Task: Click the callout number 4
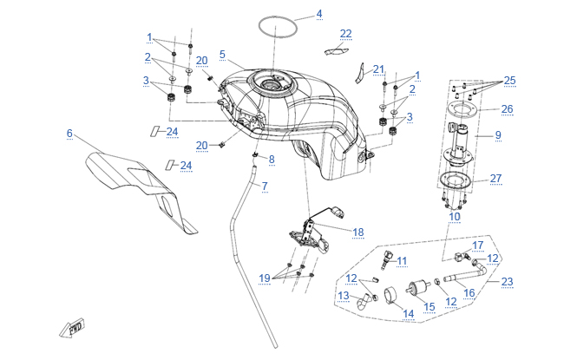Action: pyautogui.click(x=319, y=14)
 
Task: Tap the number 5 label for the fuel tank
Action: pyautogui.click(x=222, y=55)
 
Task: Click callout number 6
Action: pyautogui.click(x=69, y=134)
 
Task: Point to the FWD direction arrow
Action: pyautogui.click(x=72, y=328)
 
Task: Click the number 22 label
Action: pyautogui.click(x=345, y=34)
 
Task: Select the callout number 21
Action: pyautogui.click(x=378, y=69)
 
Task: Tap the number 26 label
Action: pyautogui.click(x=508, y=109)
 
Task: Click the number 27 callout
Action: pyautogui.click(x=495, y=179)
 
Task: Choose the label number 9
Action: pyautogui.click(x=498, y=135)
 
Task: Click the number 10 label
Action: pyautogui.click(x=455, y=217)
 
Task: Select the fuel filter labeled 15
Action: pyautogui.click(x=417, y=287)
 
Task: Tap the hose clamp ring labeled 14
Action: pyautogui.click(x=391, y=295)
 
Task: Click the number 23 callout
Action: pyautogui.click(x=508, y=282)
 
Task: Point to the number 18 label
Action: pyautogui.click(x=357, y=232)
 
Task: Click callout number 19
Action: pyautogui.click(x=265, y=278)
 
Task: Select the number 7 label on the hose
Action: pyautogui.click(x=265, y=187)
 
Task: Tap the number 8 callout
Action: pyautogui.click(x=272, y=160)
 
